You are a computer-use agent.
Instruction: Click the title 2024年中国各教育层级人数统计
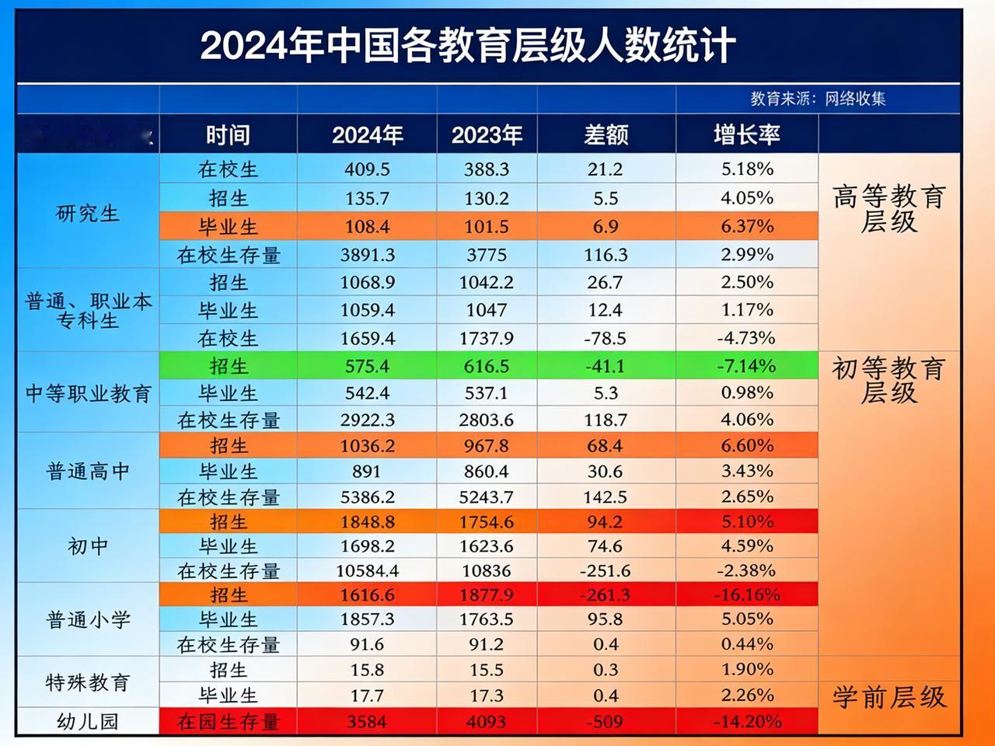coord(467,46)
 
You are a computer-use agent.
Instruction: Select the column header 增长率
coord(746,135)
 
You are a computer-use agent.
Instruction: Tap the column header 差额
coord(606,135)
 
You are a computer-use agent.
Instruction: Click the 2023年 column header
coord(487,135)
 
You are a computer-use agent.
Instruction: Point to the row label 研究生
coord(88,213)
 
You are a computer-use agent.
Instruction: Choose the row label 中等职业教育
coord(88,393)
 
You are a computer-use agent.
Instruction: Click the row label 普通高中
coord(88,471)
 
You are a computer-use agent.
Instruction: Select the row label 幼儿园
coord(88,721)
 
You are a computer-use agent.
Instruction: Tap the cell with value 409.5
coord(367,169)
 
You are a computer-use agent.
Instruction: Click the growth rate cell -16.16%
coord(746,594)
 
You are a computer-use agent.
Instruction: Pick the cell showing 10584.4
coord(367,571)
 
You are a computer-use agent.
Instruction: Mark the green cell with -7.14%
coord(746,365)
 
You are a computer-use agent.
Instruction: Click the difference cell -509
coord(606,722)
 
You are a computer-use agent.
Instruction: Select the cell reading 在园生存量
coord(228,722)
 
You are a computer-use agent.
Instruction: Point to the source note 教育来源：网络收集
coord(818,99)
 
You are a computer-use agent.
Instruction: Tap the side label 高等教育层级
coord(889,209)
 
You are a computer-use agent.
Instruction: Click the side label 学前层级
coord(889,697)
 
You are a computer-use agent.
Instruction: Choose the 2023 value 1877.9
coord(487,594)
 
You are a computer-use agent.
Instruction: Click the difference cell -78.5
coord(606,338)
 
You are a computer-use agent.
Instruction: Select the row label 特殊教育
coord(88,682)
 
